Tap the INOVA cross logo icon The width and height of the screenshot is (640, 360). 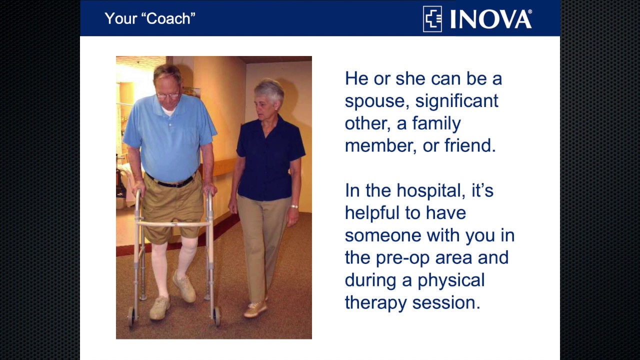432,19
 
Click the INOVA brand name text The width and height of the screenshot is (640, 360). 490,19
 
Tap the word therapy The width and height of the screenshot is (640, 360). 375,303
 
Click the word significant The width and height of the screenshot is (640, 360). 456,101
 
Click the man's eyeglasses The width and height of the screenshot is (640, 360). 167,95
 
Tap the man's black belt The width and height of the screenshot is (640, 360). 170,182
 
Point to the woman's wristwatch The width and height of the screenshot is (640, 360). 294,206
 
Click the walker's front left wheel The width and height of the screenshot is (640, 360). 131,315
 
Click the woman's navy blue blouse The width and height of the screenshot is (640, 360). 267,160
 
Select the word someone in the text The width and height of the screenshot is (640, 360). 383,235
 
